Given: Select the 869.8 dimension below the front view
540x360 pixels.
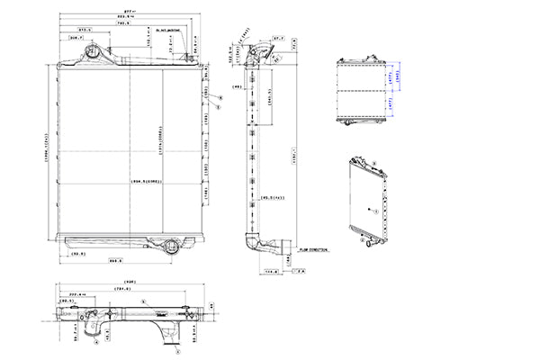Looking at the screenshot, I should point(116,262).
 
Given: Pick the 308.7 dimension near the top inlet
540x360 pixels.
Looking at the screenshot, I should point(77,39).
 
